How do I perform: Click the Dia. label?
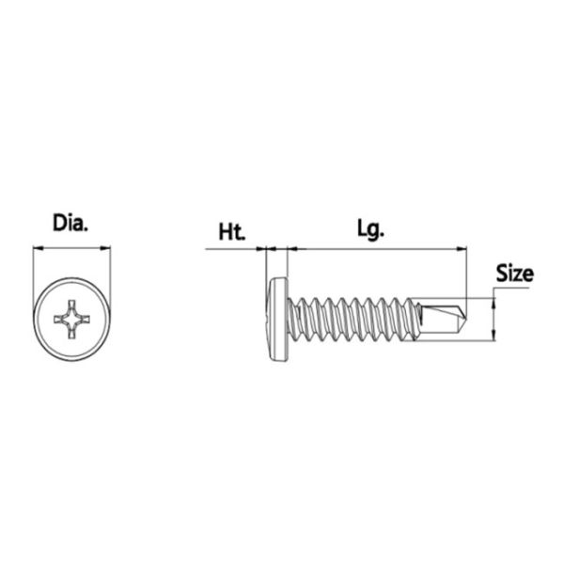[70, 223]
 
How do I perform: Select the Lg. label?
[371, 229]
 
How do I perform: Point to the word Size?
[515, 274]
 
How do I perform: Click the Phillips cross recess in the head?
[71, 319]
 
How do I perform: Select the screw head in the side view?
[278, 319]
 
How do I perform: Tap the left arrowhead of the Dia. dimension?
[39, 248]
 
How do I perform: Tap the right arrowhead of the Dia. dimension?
[105, 248]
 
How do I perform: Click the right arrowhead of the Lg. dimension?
[462, 248]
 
